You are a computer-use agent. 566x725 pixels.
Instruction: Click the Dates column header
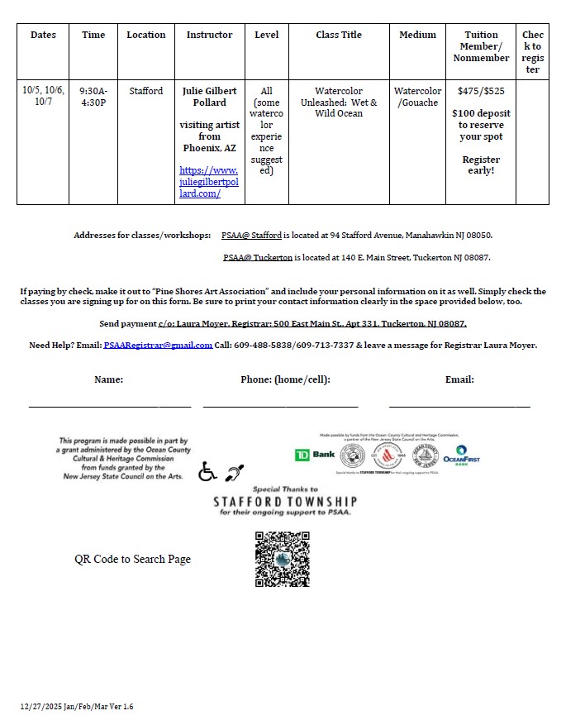pyautogui.click(x=43, y=35)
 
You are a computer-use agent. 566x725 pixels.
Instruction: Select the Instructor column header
pyautogui.click(x=209, y=35)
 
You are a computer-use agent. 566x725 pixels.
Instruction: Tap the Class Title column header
pyautogui.click(x=339, y=35)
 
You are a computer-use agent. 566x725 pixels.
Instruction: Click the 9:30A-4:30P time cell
pyautogui.click(x=93, y=97)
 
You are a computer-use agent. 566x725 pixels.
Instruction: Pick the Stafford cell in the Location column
pyautogui.click(x=146, y=91)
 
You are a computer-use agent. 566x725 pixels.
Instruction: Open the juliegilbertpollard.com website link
pyautogui.click(x=208, y=182)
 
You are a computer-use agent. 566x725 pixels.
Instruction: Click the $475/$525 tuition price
pyautogui.click(x=481, y=91)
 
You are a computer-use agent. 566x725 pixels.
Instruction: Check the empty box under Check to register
pyautogui.click(x=532, y=141)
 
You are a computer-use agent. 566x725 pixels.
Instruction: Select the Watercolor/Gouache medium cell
pyautogui.click(x=417, y=97)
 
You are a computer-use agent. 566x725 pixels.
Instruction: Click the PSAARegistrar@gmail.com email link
pyautogui.click(x=158, y=346)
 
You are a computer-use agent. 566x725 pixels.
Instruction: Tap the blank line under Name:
pyautogui.click(x=109, y=404)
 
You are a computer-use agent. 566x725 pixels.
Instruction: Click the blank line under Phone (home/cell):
pyautogui.click(x=280, y=404)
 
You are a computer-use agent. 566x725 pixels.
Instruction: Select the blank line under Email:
pyautogui.click(x=459, y=404)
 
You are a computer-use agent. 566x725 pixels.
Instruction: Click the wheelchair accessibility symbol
pyautogui.click(x=207, y=471)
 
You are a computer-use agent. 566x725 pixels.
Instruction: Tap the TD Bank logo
pyautogui.click(x=315, y=456)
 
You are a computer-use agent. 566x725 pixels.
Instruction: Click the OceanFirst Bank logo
pyautogui.click(x=461, y=456)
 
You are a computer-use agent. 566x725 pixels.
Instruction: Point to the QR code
pyautogui.click(x=283, y=559)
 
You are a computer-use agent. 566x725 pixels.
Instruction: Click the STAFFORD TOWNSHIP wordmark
pyautogui.click(x=285, y=501)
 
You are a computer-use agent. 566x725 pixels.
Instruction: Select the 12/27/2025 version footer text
pyautogui.click(x=77, y=707)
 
